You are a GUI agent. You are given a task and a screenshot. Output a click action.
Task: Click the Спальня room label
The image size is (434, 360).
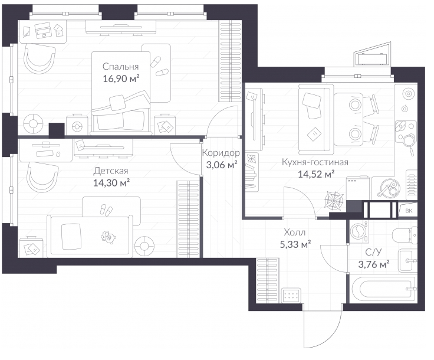[120, 67]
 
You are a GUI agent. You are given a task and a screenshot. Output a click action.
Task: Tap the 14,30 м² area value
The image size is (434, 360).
[111, 183]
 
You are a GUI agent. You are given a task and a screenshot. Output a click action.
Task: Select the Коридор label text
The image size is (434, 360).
[221, 153]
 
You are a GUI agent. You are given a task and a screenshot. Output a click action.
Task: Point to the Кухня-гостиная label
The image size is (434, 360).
[315, 162]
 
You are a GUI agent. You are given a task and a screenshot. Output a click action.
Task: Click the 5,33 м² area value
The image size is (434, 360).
[295, 244]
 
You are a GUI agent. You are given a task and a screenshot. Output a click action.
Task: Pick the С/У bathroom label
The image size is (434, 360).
[373, 252]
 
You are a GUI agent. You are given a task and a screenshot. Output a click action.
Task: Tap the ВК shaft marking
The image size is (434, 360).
[409, 211]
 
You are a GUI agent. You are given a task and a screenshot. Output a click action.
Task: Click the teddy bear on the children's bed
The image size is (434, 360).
[108, 238]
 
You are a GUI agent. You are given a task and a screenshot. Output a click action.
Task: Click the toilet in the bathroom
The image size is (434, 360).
[405, 234]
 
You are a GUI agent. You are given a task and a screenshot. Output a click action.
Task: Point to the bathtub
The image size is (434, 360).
[383, 289]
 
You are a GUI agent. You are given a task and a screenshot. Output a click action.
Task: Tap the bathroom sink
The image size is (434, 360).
[407, 260]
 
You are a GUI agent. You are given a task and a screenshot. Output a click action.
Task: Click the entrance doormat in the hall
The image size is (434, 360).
[291, 295]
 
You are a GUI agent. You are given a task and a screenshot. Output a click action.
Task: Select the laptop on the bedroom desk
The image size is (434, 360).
[42, 31]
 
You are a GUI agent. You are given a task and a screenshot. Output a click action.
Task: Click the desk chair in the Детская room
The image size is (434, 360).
[42, 176]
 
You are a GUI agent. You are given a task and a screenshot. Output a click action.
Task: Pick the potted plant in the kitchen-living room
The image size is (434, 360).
[335, 200]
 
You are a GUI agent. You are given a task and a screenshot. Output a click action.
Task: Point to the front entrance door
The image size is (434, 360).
[322, 326]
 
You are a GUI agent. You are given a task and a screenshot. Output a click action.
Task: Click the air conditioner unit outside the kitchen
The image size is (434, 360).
[371, 59]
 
